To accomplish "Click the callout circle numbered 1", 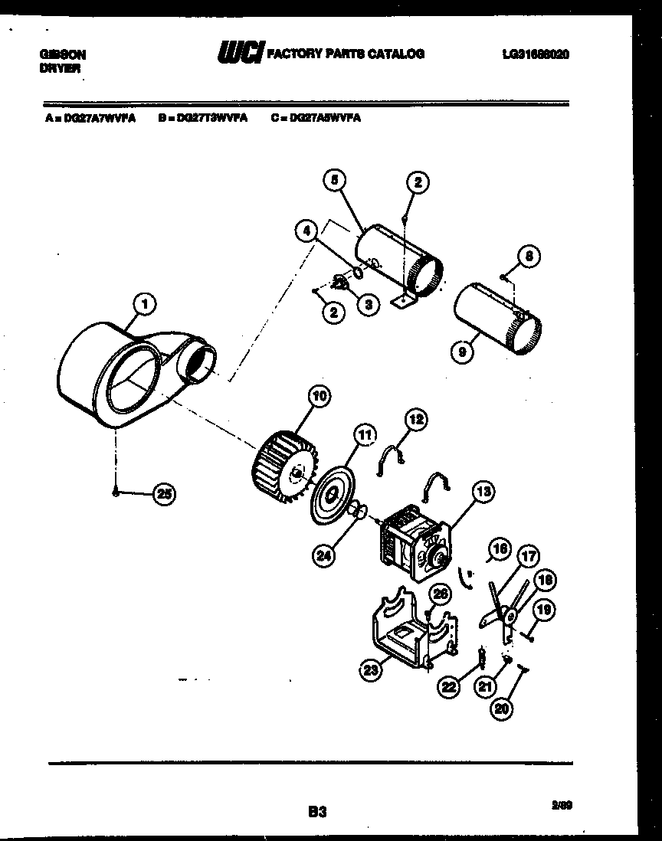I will [x=144, y=305].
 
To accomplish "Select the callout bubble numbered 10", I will [x=319, y=396].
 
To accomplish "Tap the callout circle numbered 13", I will [x=483, y=492].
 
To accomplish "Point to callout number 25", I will [x=163, y=494].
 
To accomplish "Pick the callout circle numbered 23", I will [x=372, y=671].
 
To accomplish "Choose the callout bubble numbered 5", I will [x=334, y=180].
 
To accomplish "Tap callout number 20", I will [x=501, y=709].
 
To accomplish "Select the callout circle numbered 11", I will [x=365, y=436].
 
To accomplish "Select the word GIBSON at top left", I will [x=62, y=55].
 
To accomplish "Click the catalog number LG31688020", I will [x=536, y=54].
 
